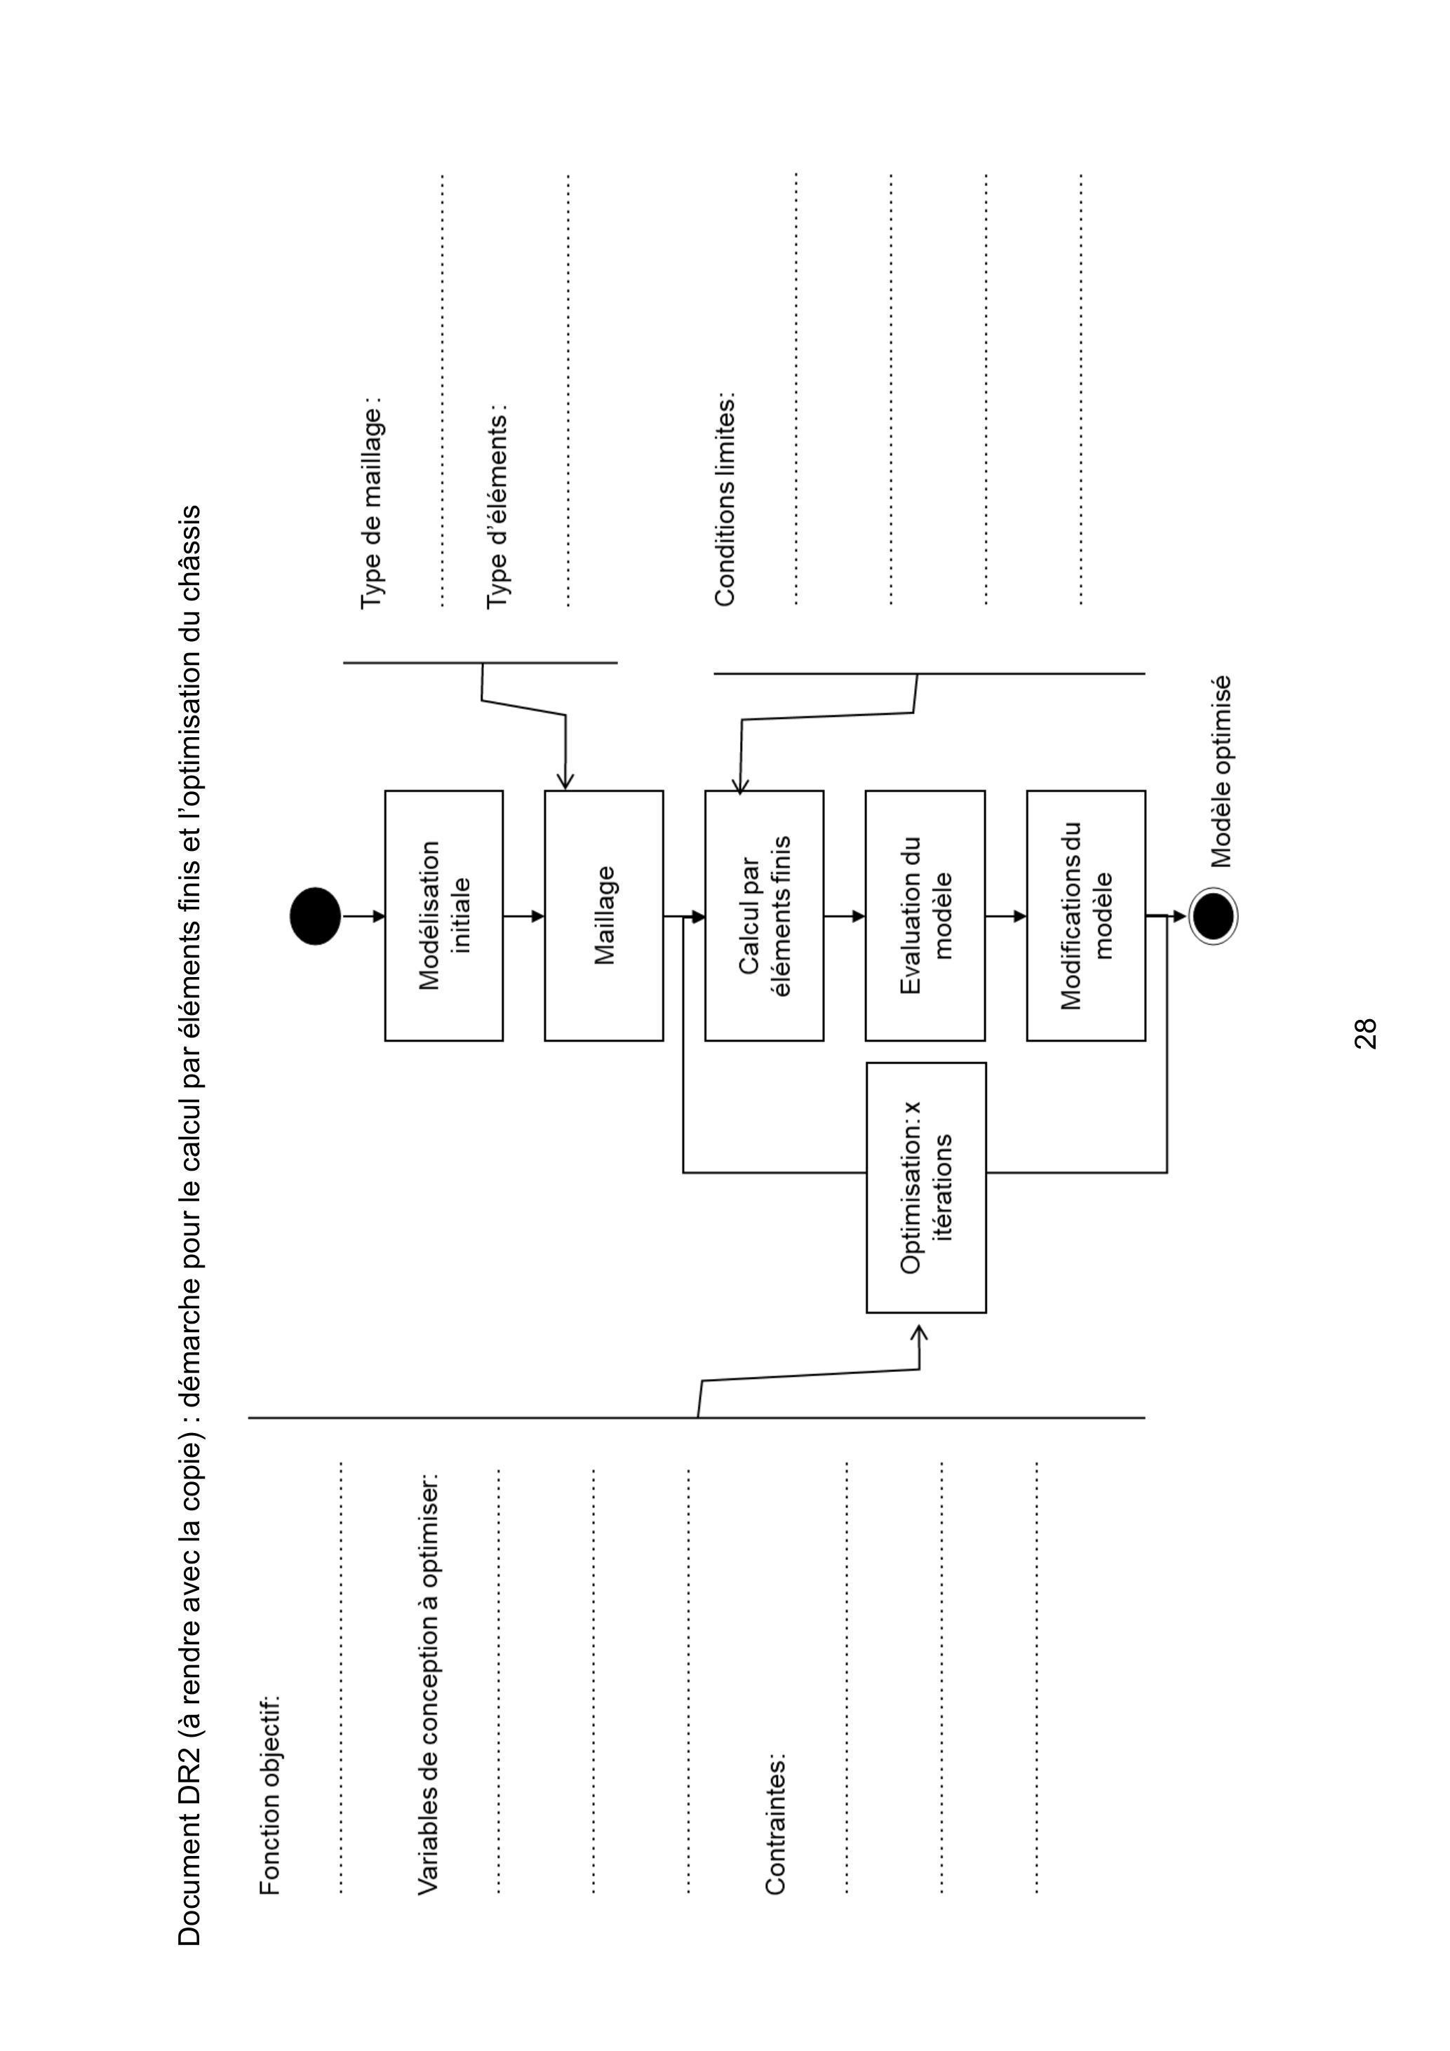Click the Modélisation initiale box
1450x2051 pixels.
pyautogui.click(x=444, y=915)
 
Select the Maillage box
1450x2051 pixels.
pyautogui.click(x=604, y=915)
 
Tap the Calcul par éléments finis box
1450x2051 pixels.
pyautogui.click(x=764, y=915)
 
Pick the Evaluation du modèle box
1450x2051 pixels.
pyautogui.click(x=925, y=915)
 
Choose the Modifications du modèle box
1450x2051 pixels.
pyautogui.click(x=1085, y=915)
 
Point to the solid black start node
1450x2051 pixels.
pyautogui.click(x=316, y=915)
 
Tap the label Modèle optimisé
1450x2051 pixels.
pyautogui.click(x=1221, y=771)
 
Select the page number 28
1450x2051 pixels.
pyautogui.click(x=1365, y=1033)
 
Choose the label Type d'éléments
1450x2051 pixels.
pyautogui.click(x=497, y=509)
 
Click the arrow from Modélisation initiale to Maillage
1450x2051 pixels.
pyautogui.click(x=523, y=915)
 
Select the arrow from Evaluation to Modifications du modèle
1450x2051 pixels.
pyautogui.click(x=1005, y=915)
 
